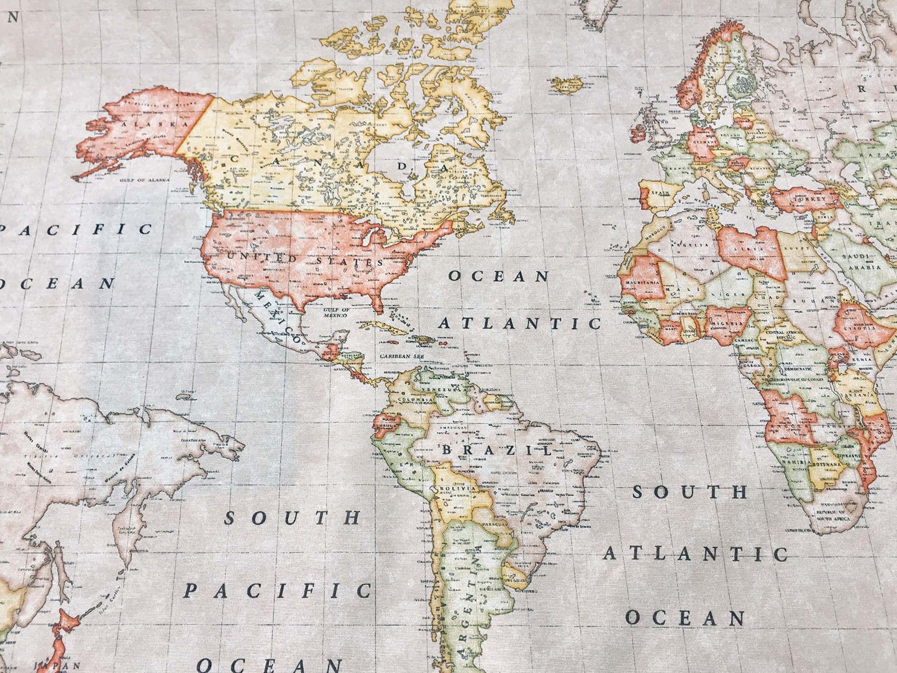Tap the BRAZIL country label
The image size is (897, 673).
497,451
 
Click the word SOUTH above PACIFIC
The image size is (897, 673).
292,518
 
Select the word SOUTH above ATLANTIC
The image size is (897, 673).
690,492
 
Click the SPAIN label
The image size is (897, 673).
662,192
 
